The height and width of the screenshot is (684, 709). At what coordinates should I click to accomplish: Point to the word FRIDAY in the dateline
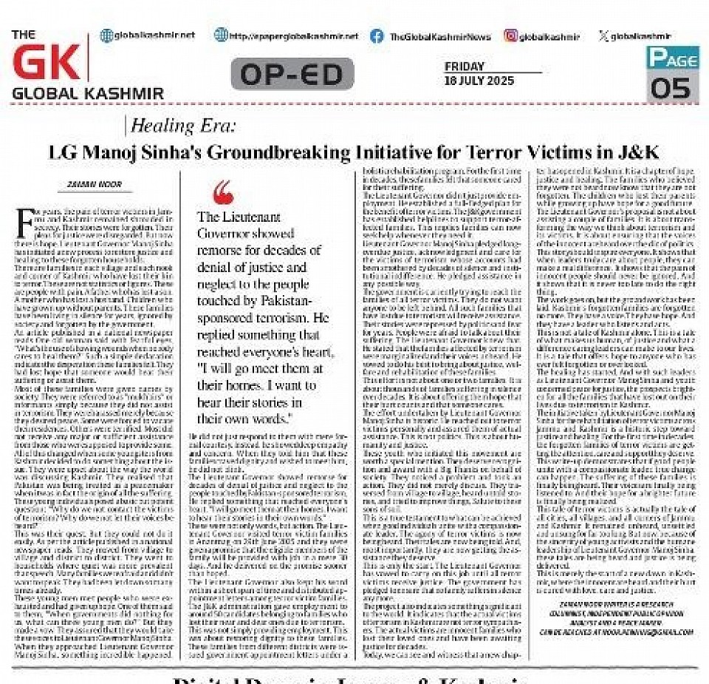point(465,67)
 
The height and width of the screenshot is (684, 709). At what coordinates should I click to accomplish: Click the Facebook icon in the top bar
point(377,35)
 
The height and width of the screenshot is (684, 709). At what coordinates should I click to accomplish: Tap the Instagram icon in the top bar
point(511,35)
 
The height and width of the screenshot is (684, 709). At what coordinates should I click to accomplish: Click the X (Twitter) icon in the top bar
point(604,35)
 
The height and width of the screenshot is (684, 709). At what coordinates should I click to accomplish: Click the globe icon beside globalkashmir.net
point(106,35)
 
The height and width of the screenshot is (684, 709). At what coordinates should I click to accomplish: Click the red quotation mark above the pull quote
point(221,194)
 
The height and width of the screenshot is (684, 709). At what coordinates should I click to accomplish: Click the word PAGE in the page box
point(672,57)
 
